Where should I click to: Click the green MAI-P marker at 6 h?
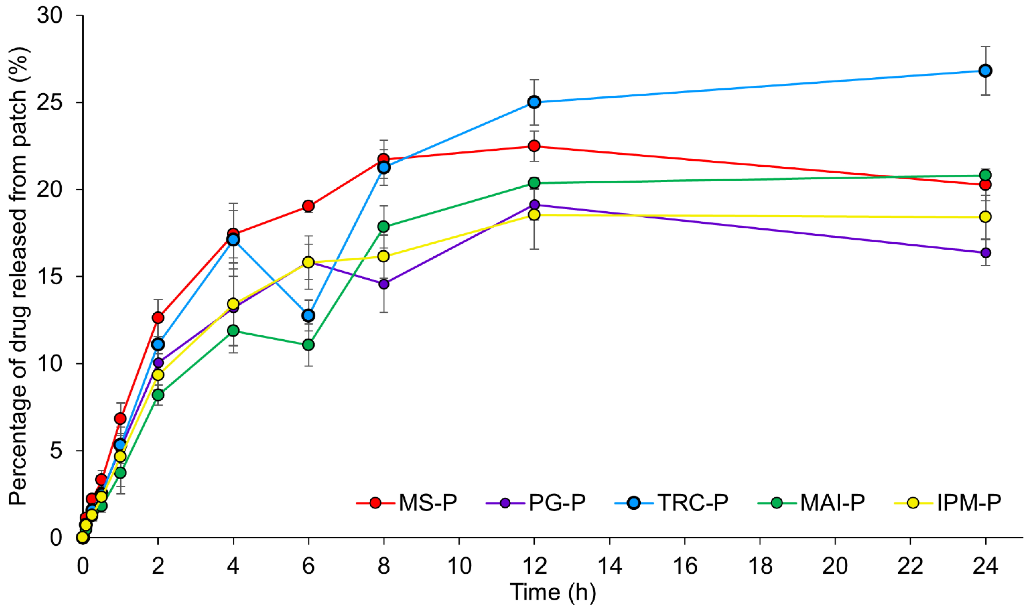(x=308, y=345)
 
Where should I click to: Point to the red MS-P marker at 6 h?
(x=308, y=206)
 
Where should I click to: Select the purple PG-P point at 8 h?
(x=384, y=284)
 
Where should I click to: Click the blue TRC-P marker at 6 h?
(x=308, y=315)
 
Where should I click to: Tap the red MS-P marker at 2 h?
(x=158, y=318)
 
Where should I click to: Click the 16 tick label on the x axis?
(x=685, y=566)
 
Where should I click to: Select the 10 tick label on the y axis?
(x=50, y=364)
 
